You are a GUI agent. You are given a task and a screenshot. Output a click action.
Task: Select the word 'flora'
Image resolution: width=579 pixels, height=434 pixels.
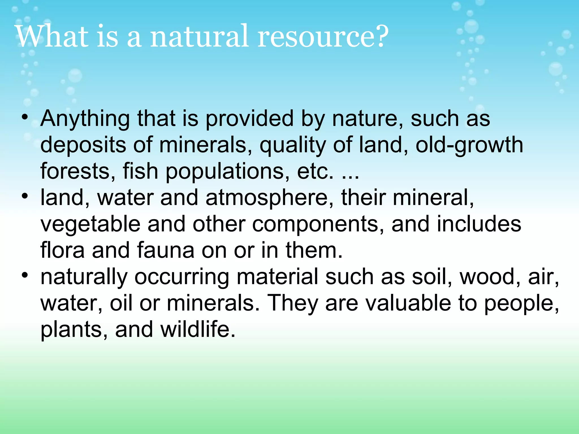click(62, 250)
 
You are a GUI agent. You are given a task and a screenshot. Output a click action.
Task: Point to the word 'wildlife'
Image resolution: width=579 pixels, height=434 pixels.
click(198, 329)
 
